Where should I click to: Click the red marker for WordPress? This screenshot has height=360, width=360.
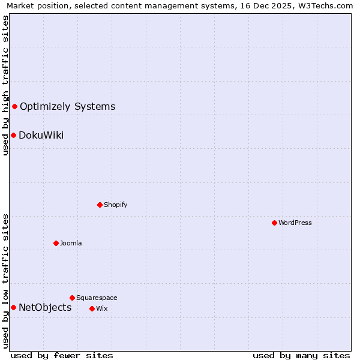point(274,223)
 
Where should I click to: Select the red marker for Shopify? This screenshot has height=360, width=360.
point(100,205)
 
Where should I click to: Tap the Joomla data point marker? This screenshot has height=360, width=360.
point(56,243)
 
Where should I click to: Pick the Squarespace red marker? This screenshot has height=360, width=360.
point(72,298)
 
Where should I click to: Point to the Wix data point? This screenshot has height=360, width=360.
point(92,308)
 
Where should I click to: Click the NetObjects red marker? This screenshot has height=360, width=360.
point(13,307)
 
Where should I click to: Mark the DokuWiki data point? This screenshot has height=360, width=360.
point(13,135)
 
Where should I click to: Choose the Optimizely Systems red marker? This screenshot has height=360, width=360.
point(14,106)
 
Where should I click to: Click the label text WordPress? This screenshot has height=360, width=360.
point(295,223)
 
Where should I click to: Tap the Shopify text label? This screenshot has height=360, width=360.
point(116,205)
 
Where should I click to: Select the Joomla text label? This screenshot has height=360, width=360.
point(71,243)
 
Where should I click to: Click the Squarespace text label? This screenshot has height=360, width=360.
point(97,298)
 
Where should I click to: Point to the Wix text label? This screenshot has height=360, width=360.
point(101,308)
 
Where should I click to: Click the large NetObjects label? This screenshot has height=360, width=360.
point(45,308)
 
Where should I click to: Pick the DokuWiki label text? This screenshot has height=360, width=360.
point(41,135)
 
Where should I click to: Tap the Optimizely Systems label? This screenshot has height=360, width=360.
point(67,107)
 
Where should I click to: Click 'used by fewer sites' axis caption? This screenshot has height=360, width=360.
point(62,355)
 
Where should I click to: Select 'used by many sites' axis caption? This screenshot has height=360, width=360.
point(301,355)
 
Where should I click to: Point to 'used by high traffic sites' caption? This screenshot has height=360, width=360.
point(6,85)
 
